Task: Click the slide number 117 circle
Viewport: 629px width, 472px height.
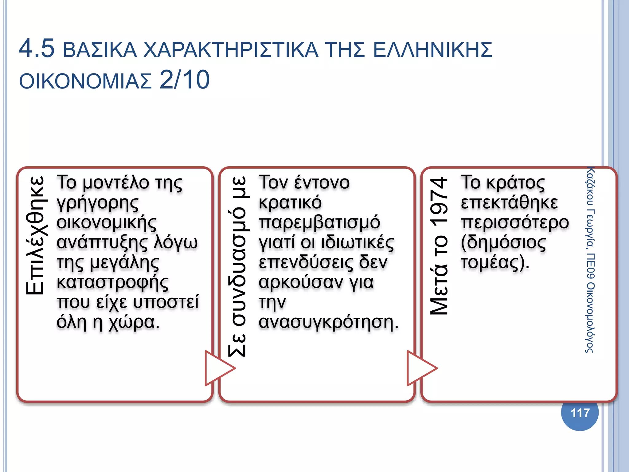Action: (580, 413)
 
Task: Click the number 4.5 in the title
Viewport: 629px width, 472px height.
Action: (37, 48)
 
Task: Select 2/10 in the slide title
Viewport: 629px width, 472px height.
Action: (185, 80)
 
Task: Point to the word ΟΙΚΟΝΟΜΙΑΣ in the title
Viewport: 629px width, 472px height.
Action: (85, 81)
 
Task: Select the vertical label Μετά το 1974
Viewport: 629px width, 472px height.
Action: (440, 246)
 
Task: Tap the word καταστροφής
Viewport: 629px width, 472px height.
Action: (112, 282)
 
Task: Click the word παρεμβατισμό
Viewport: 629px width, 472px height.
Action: (319, 222)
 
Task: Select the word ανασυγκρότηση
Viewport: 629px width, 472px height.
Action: (328, 322)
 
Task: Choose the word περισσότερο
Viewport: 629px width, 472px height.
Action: (515, 222)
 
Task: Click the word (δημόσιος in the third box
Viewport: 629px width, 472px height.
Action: (503, 242)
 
